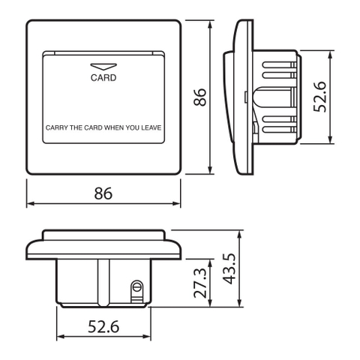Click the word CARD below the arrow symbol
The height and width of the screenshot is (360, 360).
[x=103, y=76]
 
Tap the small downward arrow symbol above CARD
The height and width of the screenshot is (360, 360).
[x=103, y=65]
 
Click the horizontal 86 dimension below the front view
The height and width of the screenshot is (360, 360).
[x=103, y=193]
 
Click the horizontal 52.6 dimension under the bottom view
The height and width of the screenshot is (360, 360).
[x=103, y=328]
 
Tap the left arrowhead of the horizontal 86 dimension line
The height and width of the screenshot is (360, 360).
[x=29, y=204]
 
